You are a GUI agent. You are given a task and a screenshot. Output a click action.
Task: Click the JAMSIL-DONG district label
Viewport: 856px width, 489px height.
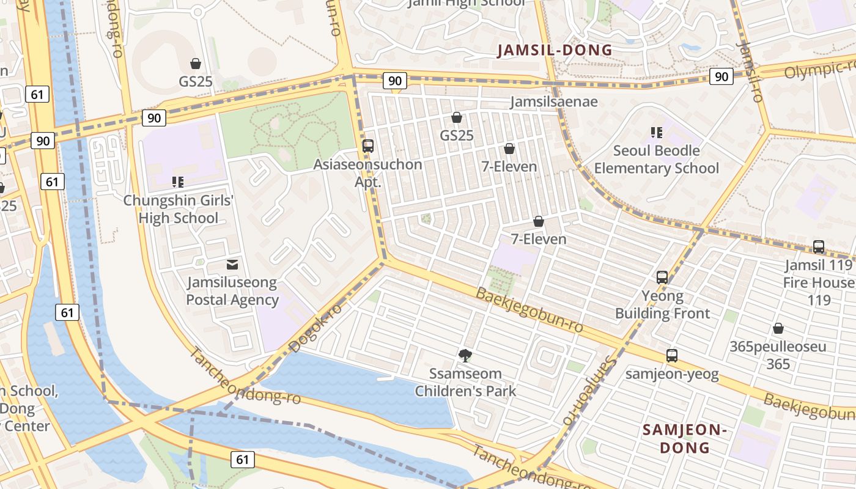coord(555,50)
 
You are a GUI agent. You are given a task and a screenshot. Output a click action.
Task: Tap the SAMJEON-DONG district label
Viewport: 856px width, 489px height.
coord(684,438)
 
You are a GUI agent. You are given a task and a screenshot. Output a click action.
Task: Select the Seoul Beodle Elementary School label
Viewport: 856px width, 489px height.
coord(656,159)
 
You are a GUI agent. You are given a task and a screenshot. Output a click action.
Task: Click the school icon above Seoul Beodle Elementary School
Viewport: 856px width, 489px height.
coord(657,132)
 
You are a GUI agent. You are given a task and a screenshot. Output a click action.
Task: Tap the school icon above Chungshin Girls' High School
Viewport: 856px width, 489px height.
coord(178,182)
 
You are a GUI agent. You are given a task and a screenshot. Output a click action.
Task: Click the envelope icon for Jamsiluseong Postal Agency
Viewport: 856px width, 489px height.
coord(232,265)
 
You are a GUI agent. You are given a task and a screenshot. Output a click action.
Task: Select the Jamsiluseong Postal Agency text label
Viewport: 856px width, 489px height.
coord(232,291)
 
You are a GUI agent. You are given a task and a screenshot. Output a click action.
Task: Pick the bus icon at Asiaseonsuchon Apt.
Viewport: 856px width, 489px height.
coord(368,146)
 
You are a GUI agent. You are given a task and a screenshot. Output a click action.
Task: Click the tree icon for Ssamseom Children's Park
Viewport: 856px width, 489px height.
coord(465,355)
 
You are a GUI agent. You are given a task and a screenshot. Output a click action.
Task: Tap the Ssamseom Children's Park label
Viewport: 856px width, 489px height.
coord(465,382)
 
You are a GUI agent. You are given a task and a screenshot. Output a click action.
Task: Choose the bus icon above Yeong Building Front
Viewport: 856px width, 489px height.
coord(662,278)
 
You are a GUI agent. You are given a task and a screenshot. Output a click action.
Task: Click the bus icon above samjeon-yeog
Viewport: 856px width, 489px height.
coord(672,356)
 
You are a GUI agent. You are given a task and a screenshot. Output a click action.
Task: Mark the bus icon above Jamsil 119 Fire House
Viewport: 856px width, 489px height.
coord(819,247)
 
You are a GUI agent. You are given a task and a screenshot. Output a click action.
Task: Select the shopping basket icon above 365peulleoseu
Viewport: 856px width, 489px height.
coord(778,329)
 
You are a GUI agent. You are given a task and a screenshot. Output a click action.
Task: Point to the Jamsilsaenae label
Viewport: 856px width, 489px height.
coord(554,101)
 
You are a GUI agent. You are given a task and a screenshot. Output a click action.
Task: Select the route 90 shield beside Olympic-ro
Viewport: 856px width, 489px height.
coord(721,76)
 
